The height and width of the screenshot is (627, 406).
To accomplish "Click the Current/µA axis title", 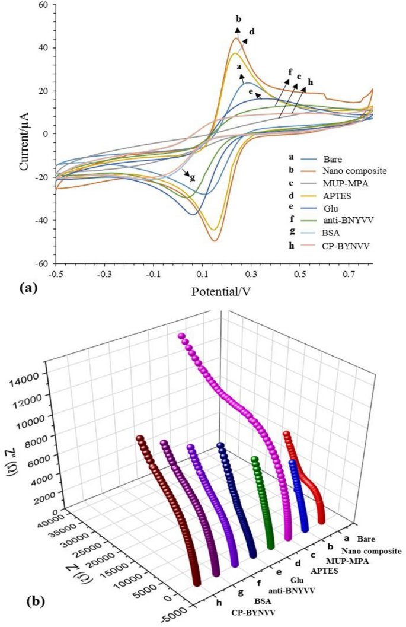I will pos(24,135).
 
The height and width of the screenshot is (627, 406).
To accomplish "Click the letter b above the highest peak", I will pos(238,18).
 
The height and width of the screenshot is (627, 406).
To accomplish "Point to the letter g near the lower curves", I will pos(192,177).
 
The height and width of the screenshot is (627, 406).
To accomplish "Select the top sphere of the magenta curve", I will pos(181,336).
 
